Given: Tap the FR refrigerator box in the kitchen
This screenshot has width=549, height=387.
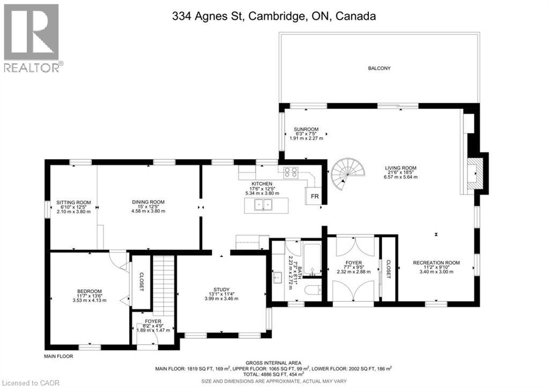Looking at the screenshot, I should coord(315,196).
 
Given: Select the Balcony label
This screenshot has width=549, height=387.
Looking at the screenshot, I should coord(379,68).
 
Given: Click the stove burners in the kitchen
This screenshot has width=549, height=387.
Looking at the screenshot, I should coord(291,173).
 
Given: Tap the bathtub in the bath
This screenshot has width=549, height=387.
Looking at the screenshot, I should coord(311,260).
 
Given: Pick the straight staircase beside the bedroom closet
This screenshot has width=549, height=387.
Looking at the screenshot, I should coord(164,286).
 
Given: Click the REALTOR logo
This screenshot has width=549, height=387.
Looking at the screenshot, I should coord(32,38).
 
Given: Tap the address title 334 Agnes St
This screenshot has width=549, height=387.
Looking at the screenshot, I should coord(274,16).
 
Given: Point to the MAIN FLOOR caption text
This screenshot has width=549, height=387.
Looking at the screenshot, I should coord(58,356).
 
